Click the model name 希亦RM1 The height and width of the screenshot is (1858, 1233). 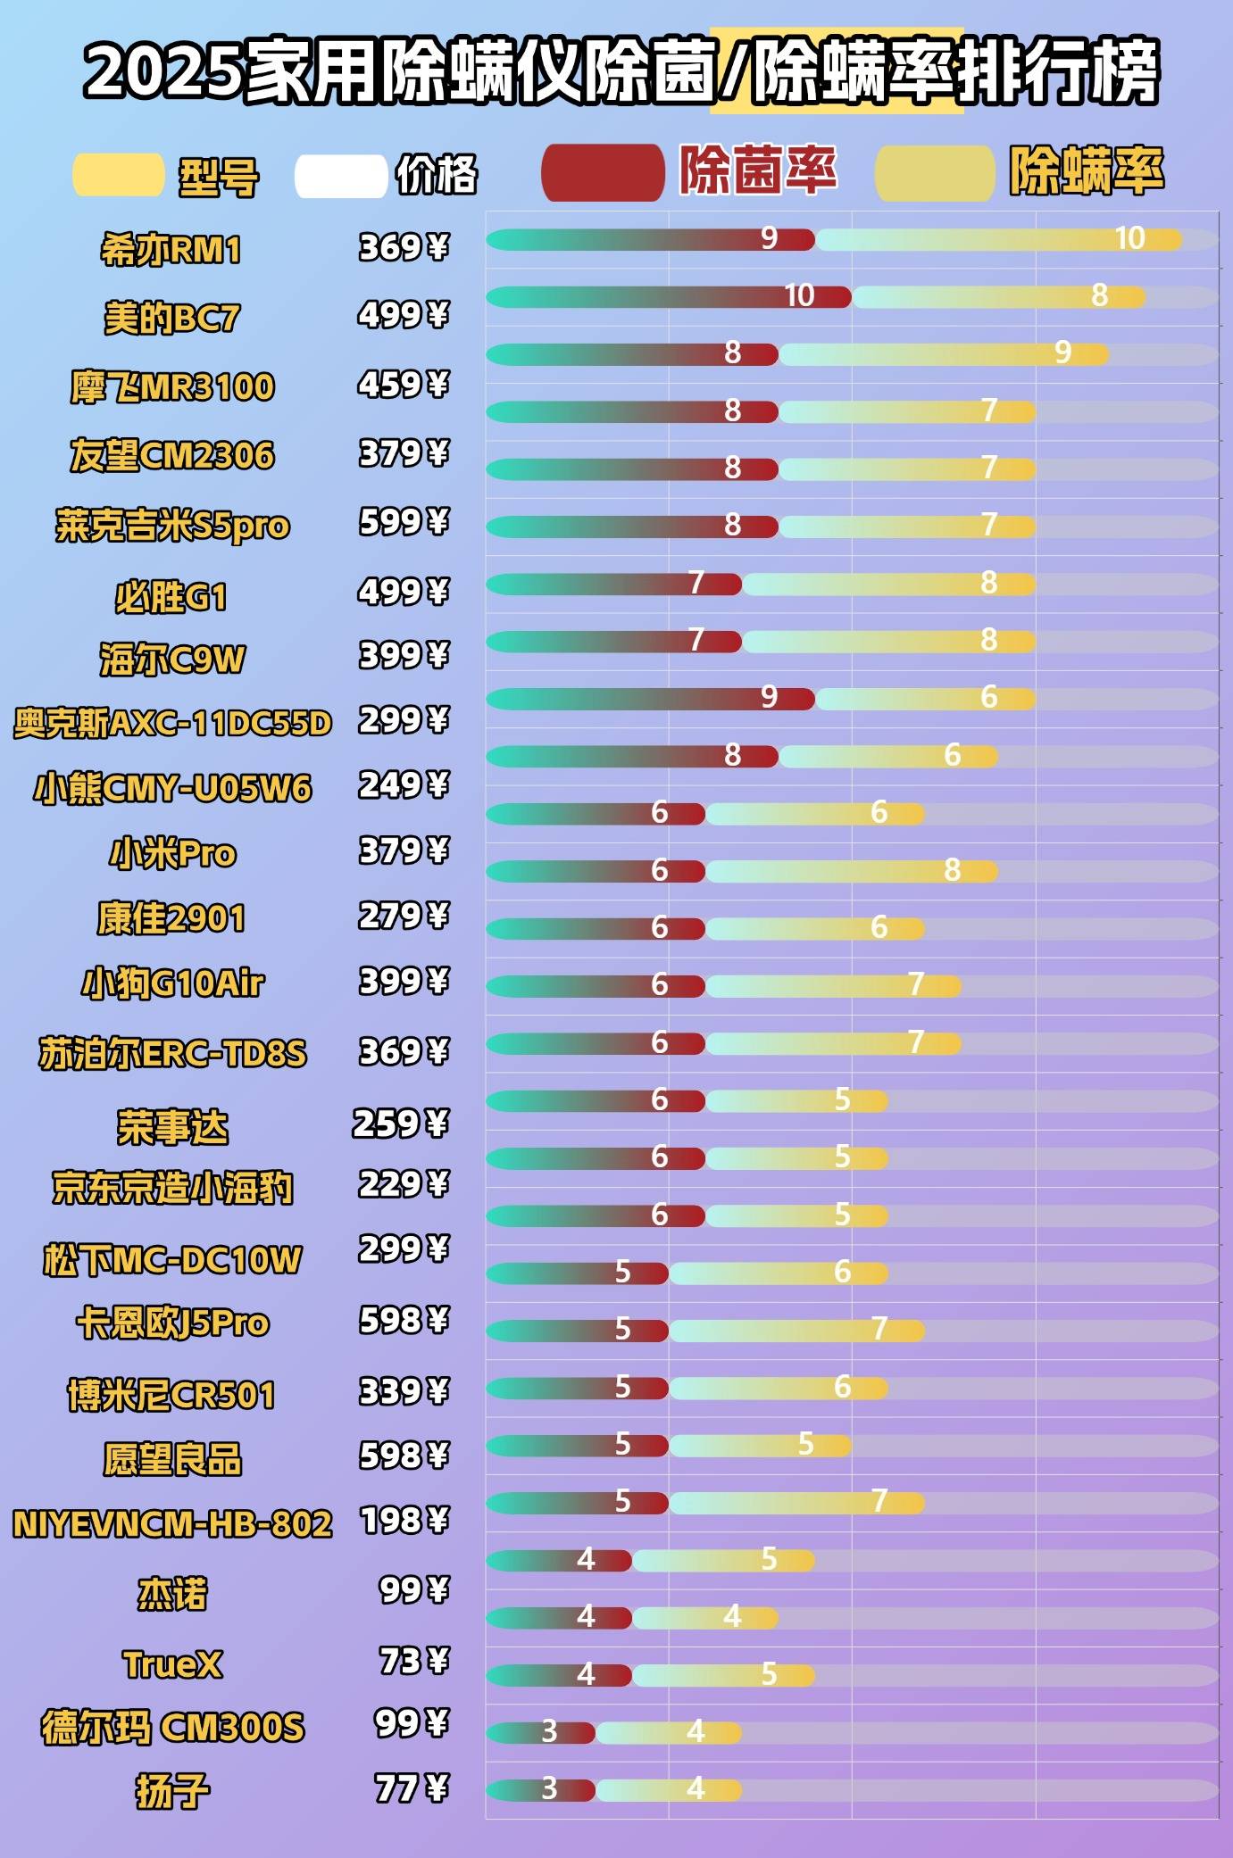tap(171, 250)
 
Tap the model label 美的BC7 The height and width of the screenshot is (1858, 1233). tap(171, 318)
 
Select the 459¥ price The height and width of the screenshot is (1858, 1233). tap(403, 385)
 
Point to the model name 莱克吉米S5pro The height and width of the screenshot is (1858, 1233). tap(172, 526)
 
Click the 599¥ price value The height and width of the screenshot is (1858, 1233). tap(403, 522)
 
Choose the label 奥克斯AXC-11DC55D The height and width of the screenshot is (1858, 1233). tap(172, 723)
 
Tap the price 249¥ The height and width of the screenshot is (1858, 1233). tap(403, 785)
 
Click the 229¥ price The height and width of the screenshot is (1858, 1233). tap(403, 1184)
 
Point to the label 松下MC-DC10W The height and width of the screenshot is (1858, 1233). tap(172, 1259)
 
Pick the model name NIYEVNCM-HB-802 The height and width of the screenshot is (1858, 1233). tap(172, 1523)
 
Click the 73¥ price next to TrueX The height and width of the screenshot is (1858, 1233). tap(412, 1661)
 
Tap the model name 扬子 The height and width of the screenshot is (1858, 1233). tap(172, 1790)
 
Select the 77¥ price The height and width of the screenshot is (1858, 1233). tap(411, 1787)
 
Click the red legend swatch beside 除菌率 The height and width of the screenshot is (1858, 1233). tap(603, 172)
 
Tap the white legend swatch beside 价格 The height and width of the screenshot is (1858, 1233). tap(340, 176)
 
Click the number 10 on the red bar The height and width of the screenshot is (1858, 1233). tap(799, 295)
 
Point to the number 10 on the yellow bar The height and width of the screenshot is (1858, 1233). tap(1129, 238)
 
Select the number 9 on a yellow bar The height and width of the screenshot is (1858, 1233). tap(1062, 353)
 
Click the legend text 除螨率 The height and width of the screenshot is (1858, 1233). tap(1087, 170)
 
